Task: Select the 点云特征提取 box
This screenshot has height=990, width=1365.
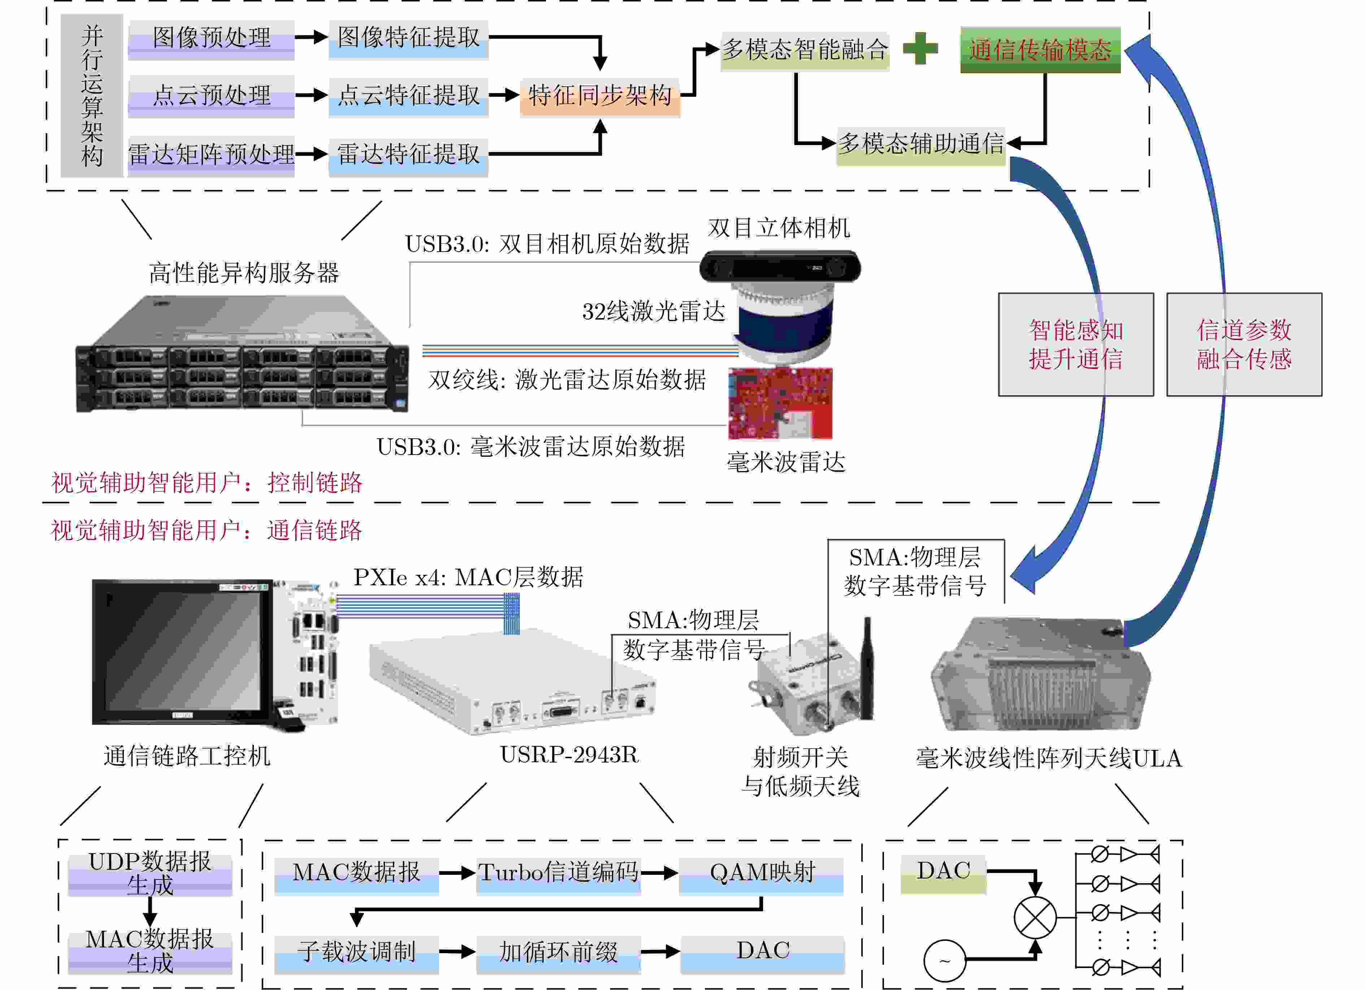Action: coord(408,96)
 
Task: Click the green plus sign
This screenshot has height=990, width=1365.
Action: coord(920,48)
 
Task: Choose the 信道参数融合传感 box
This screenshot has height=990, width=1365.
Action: coord(1244,344)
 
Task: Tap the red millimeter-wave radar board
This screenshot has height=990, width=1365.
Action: coord(780,403)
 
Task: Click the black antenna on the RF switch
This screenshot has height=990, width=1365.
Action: coord(867,668)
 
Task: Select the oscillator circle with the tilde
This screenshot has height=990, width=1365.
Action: coord(944,961)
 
